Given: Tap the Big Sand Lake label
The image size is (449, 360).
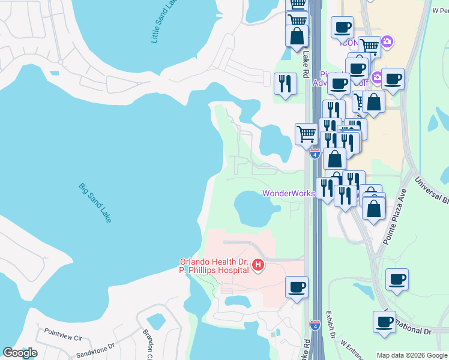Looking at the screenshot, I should [x=95, y=203].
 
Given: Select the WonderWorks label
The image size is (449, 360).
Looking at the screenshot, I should [x=288, y=193].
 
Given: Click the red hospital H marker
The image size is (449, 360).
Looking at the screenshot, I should [x=258, y=265].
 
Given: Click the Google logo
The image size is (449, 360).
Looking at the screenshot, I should [x=20, y=353].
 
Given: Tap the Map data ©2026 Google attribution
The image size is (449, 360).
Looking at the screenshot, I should [x=412, y=355].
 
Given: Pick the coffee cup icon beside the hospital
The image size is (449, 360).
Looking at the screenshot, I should [x=297, y=286].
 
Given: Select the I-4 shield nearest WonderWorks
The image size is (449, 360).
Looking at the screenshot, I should [x=315, y=154].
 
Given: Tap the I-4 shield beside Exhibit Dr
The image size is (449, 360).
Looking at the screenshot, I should [x=315, y=325].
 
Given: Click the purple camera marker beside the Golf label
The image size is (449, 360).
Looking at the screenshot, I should [x=378, y=77].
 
